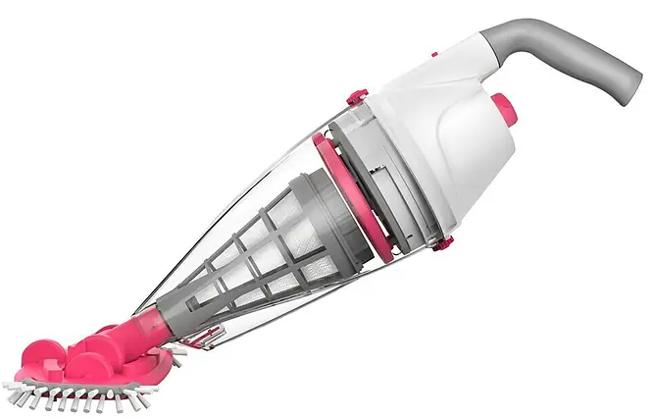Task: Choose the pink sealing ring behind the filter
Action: click(x=350, y=195)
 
